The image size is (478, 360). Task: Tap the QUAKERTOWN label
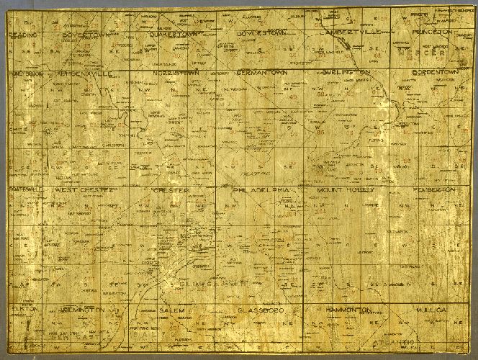pyautogui.click(x=169, y=34)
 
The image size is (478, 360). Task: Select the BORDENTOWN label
pyautogui.click(x=432, y=73)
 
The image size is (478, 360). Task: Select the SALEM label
pyautogui.click(x=172, y=309)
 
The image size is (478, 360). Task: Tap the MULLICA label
pyautogui.click(x=432, y=309)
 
